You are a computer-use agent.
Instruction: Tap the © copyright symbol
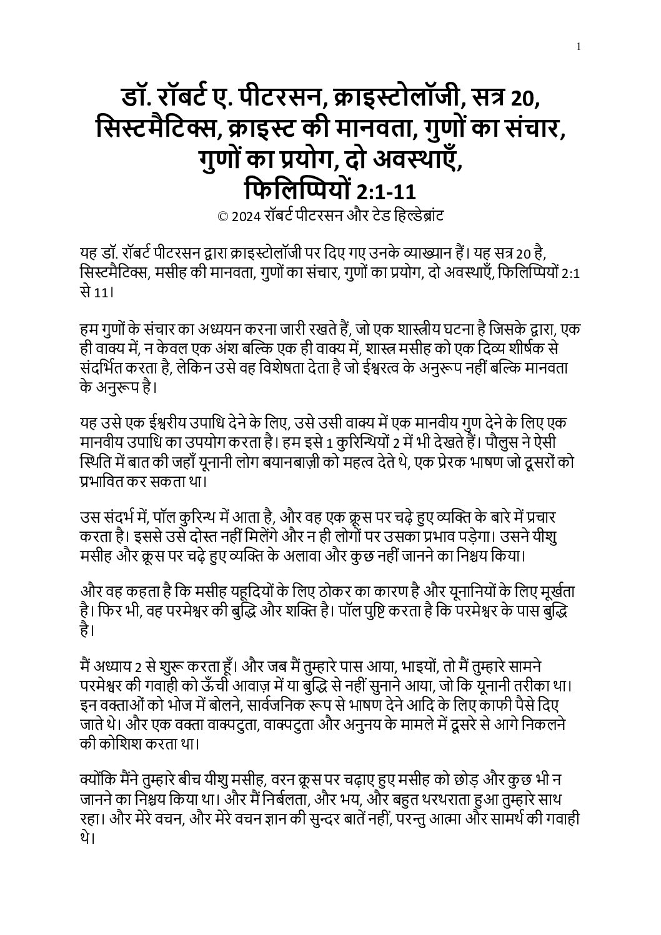click(x=222, y=217)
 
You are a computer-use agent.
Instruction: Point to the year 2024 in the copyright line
click(x=244, y=217)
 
